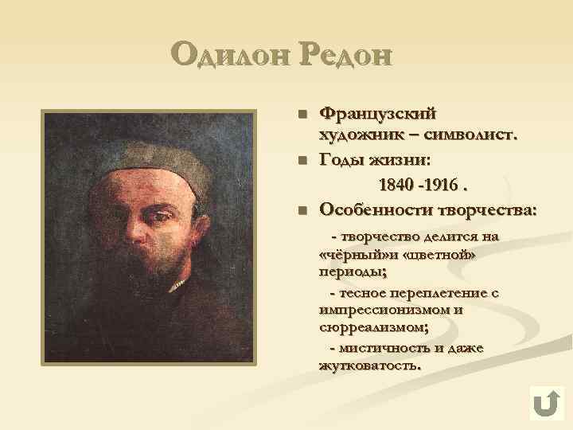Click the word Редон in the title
pyautogui.click(x=346, y=57)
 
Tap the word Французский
pyautogui.click(x=377, y=115)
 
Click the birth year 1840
pyautogui.click(x=396, y=186)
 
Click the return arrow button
pyautogui.click(x=546, y=403)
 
